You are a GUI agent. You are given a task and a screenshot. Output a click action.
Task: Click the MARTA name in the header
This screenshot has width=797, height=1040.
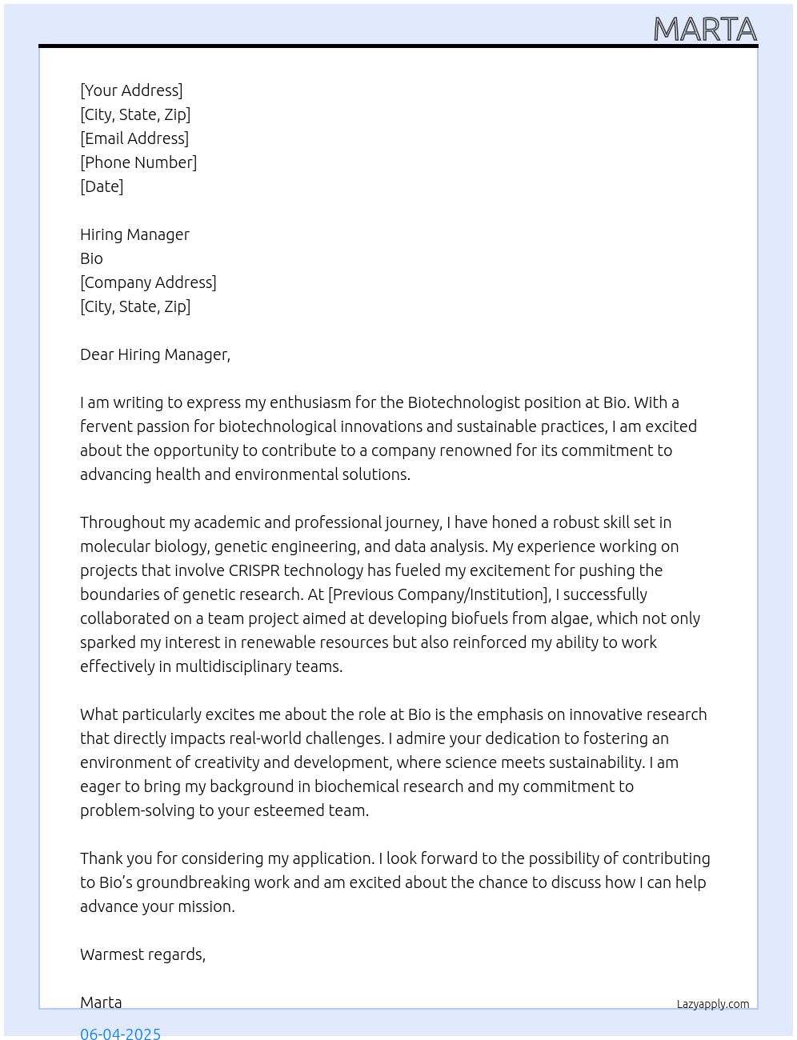pyautogui.click(x=705, y=30)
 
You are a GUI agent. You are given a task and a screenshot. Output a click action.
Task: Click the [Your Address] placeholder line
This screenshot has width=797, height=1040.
pyautogui.click(x=131, y=90)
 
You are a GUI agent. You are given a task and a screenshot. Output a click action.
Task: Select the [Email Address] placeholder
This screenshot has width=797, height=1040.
pyautogui.click(x=134, y=138)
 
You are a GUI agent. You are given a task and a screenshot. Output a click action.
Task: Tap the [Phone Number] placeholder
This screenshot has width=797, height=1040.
pyautogui.click(x=138, y=162)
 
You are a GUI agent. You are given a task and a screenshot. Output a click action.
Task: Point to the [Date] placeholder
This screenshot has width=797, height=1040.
pyautogui.click(x=102, y=186)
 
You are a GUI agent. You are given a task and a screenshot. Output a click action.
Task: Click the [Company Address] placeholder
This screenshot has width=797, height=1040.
pyautogui.click(x=148, y=282)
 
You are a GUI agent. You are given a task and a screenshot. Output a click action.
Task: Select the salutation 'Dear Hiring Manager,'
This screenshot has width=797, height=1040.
pyautogui.click(x=155, y=354)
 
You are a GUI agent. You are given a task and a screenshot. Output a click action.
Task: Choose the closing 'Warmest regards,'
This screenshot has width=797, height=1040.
pyautogui.click(x=142, y=954)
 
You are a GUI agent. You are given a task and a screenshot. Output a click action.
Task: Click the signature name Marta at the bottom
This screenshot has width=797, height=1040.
pyautogui.click(x=101, y=1002)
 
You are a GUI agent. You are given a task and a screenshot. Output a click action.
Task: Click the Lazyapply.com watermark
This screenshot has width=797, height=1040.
pyautogui.click(x=713, y=1004)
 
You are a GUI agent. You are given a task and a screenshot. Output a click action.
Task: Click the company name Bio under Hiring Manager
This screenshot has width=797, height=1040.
pyautogui.click(x=91, y=258)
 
